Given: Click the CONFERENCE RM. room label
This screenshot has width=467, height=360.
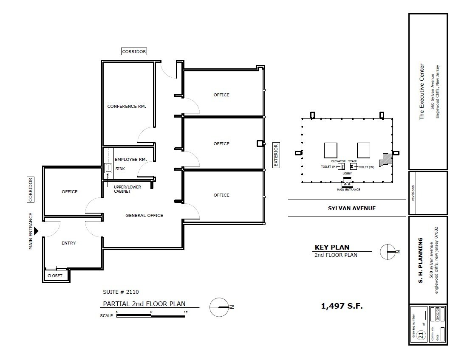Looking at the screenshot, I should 127,107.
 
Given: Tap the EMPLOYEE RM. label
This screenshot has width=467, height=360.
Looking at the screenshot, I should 130,159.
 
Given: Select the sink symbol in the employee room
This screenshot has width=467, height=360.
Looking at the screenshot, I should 108,169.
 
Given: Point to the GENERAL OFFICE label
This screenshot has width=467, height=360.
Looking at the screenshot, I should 144,215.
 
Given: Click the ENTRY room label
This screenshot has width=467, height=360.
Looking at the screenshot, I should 68,243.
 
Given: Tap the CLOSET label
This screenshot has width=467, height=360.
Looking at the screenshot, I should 55,276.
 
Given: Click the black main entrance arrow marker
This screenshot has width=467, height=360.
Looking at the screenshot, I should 37,231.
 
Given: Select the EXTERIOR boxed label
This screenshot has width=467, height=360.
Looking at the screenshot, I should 275,155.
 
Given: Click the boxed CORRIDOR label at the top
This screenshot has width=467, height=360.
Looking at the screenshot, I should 134,51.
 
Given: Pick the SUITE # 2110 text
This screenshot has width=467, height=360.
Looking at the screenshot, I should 121,292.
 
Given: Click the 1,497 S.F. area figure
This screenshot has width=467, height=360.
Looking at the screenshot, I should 342,306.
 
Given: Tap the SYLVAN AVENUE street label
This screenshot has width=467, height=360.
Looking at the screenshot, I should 351,208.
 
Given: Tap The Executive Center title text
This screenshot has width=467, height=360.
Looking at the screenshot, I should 422,91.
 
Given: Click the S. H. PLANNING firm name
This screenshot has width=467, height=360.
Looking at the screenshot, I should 421,260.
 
